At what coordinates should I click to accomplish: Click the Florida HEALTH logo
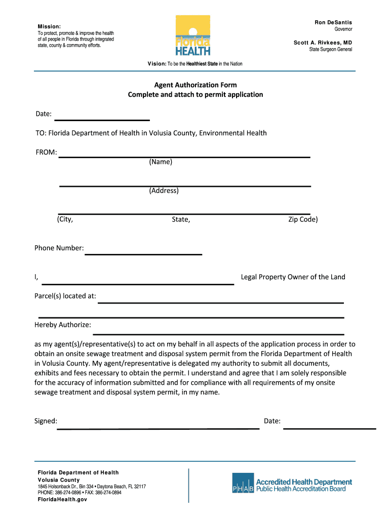coord(192,35)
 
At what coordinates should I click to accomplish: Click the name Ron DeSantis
coord(333,22)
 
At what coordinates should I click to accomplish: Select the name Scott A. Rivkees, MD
coord(323,43)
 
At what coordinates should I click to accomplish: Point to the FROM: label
coord(46,152)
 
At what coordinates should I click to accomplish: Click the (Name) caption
coord(161,162)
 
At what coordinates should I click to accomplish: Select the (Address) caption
coord(164,191)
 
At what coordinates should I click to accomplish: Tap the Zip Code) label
coord(303,219)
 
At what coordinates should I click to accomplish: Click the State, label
coord(181,219)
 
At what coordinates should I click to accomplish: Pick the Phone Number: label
coord(59,248)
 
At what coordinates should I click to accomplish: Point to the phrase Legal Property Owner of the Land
coord(293,277)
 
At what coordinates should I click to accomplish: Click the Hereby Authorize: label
coord(62,324)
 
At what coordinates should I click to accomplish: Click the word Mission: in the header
coord(49,26)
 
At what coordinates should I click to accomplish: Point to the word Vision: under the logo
coord(157,64)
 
